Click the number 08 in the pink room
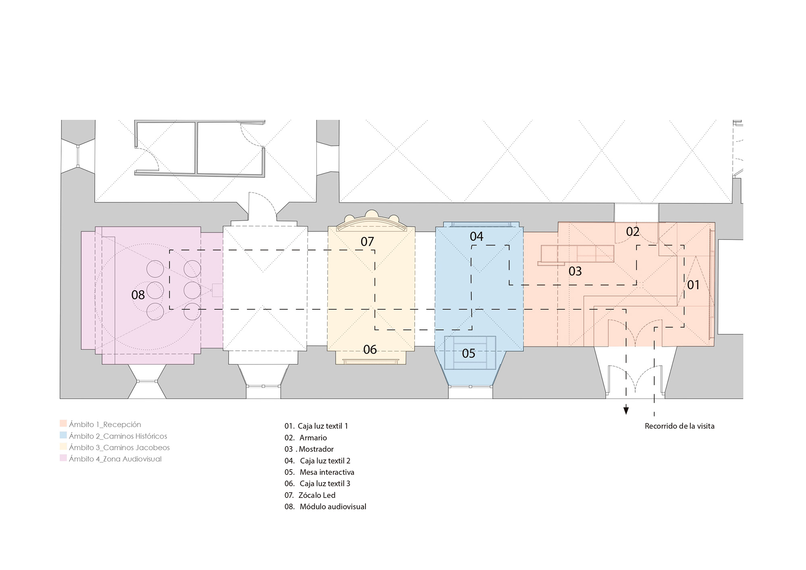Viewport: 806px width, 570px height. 138,295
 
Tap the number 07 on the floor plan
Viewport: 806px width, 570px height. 367,241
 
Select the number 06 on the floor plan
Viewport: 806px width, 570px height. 370,349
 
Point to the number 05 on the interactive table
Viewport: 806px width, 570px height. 469,354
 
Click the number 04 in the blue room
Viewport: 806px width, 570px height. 476,236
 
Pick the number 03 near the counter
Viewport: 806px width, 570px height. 575,271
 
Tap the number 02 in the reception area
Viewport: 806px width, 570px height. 633,232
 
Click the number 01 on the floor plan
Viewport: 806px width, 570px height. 694,285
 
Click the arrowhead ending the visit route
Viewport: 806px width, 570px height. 626,411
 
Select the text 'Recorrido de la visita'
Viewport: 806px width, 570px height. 679,426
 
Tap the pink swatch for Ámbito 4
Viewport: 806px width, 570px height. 63,458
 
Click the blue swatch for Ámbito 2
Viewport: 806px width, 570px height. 63,435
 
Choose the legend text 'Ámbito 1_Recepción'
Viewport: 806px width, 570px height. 105,424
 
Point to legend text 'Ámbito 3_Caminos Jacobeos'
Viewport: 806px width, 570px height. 119,447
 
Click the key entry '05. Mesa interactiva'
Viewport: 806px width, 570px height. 319,472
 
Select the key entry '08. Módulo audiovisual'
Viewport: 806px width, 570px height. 325,507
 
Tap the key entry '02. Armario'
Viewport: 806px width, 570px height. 305,438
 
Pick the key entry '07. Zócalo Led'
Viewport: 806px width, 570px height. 310,495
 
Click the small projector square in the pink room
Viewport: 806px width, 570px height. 218,290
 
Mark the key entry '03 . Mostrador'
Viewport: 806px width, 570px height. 309,449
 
